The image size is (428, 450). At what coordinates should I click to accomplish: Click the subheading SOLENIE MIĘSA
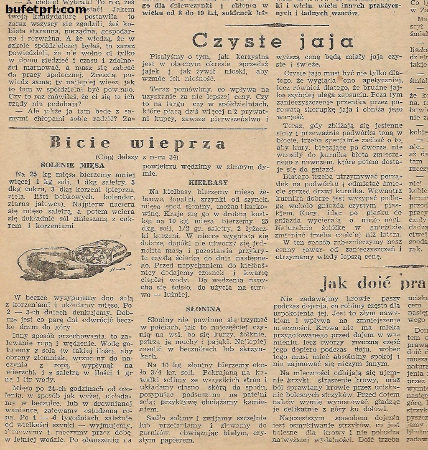coord(73,166)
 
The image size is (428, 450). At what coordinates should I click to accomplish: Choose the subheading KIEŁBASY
coord(203,182)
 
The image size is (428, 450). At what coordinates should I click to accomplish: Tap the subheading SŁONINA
coord(204,309)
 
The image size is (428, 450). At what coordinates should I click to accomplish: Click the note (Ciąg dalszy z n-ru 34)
coord(137,157)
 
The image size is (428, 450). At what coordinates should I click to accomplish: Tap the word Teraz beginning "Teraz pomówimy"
coord(159,89)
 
